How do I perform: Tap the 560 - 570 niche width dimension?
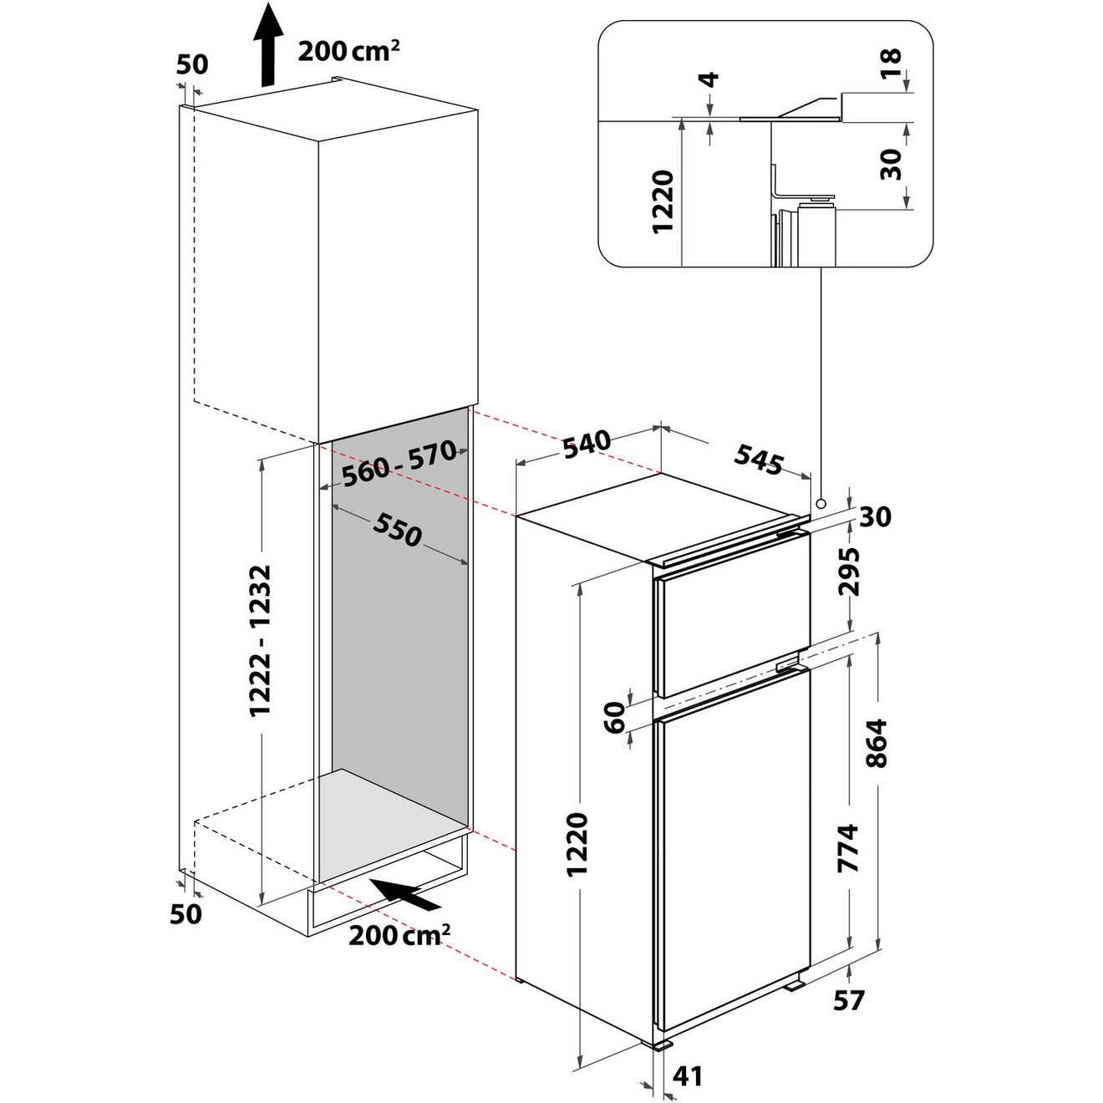[399, 463]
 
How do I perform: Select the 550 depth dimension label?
[398, 529]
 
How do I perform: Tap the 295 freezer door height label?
[850, 572]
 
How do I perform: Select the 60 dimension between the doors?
[616, 717]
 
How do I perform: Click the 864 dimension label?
[878, 743]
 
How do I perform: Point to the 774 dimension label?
[848, 848]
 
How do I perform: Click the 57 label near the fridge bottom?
[848, 999]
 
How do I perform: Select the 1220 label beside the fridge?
[578, 843]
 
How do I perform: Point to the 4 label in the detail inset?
[709, 80]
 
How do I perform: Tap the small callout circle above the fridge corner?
[821, 504]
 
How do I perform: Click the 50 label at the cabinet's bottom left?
[186, 913]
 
